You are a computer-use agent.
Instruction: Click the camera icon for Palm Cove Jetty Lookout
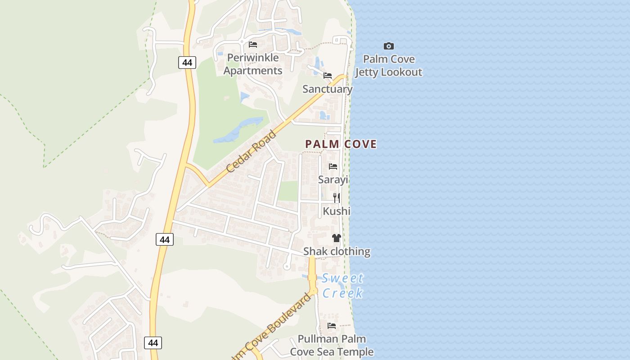389,46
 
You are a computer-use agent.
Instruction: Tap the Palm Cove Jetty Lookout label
389,66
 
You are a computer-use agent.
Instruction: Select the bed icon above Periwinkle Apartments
253,44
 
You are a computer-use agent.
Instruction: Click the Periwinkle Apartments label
253,64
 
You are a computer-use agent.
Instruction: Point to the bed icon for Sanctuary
328,75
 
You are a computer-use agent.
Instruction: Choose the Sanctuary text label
327,89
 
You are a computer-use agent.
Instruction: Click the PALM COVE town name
341,144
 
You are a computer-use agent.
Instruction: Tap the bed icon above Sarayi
333,166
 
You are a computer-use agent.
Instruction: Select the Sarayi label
333,180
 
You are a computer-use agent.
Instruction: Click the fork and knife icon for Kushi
336,198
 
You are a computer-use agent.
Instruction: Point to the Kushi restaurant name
336,211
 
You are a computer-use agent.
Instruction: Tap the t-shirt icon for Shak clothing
337,238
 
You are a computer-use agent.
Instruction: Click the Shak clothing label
337,252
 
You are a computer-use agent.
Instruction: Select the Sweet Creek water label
343,286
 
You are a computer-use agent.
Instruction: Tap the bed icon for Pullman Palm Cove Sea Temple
332,325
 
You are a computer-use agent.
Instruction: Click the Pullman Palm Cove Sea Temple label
332,345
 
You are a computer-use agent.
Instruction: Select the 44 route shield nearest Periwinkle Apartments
187,63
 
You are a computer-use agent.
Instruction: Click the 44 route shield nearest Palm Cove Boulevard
153,343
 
